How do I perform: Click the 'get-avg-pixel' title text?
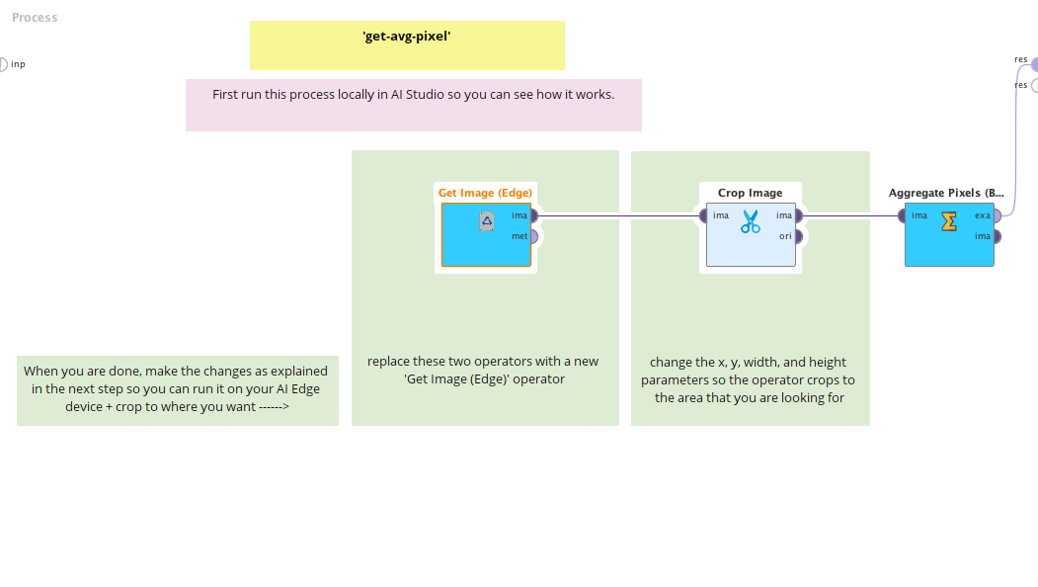click(406, 37)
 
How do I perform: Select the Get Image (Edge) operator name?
click(486, 193)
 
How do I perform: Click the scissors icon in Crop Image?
click(751, 222)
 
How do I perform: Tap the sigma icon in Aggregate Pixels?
click(948, 221)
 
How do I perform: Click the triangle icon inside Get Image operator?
click(486, 220)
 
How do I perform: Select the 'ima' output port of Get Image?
click(534, 215)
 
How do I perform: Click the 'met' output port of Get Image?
click(534, 236)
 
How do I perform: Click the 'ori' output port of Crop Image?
click(798, 236)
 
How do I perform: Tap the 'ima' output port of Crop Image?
click(798, 215)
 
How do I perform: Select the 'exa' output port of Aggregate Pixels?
click(997, 215)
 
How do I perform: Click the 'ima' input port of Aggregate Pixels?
click(903, 215)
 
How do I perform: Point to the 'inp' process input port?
click(3, 64)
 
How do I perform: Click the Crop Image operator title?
click(750, 193)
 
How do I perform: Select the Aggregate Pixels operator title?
click(946, 193)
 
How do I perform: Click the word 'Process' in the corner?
click(35, 18)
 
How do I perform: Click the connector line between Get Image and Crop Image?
click(617, 215)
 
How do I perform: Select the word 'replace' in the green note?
click(388, 362)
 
